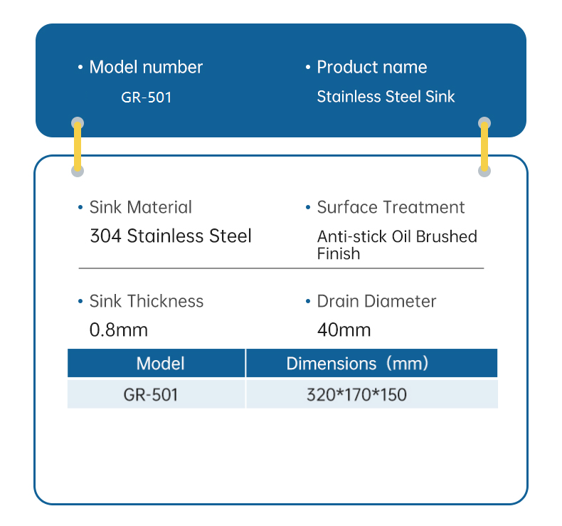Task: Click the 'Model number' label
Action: point(146,68)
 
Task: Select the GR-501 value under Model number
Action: point(146,98)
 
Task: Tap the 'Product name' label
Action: point(372,68)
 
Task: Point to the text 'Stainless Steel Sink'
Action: point(386,97)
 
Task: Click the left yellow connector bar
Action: point(78,147)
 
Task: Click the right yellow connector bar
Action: point(484,147)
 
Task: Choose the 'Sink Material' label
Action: point(140,208)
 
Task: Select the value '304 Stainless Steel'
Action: point(171,236)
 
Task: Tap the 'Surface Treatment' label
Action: point(391,208)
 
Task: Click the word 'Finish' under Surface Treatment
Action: point(339,253)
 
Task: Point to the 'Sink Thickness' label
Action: point(146,302)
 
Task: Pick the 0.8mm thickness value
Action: point(119,330)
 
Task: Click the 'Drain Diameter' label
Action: point(376,302)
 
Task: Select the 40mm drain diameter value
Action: point(344,330)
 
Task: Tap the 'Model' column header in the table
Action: point(160,364)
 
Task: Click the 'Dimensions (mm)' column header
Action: point(357,364)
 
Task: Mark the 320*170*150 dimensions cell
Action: point(356,394)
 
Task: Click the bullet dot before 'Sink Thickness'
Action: point(80,302)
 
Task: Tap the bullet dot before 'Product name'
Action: point(308,68)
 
